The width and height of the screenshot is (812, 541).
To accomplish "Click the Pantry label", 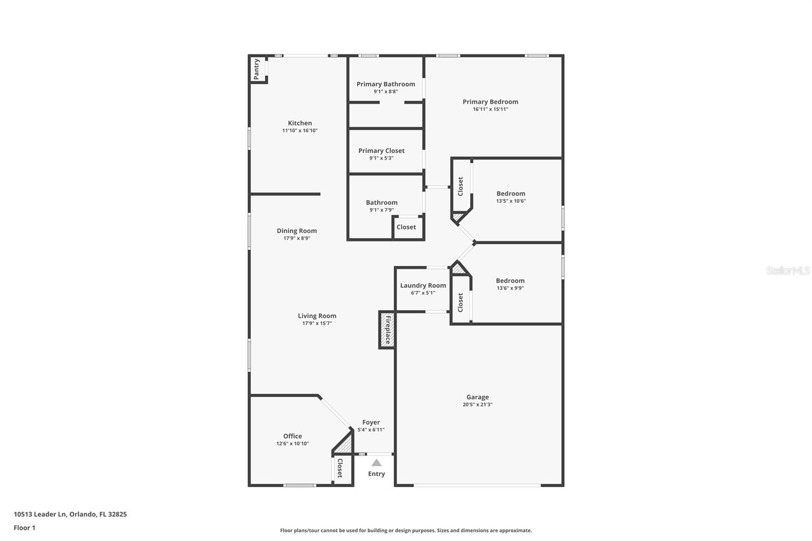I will tap(257, 69).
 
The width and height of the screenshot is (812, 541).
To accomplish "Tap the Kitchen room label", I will tap(300, 123).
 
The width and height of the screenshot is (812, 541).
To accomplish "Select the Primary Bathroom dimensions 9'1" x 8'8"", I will tap(386, 92).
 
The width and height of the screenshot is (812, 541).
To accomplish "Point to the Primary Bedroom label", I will tap(490, 102).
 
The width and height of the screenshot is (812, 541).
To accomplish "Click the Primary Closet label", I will tap(382, 151).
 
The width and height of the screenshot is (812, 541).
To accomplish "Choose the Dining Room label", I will tap(297, 231).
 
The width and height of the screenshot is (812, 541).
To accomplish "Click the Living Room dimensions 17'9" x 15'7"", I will tap(317, 323).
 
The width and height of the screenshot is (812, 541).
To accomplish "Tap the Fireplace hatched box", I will tap(387, 330).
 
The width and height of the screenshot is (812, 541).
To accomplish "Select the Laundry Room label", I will tap(423, 285).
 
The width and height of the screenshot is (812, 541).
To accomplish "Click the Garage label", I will tap(478, 397).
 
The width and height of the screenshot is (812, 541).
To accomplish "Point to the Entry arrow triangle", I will tap(377, 463).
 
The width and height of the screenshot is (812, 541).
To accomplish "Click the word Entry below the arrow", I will tap(377, 474).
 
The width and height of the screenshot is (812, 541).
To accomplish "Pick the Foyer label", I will tap(371, 422).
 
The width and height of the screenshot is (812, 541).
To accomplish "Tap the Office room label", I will tap(292, 436).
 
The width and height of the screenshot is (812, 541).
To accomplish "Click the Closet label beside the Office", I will tap(340, 468).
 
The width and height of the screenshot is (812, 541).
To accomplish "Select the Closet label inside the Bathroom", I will tap(406, 227).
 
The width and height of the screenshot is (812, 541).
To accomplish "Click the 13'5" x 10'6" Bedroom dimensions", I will tap(511, 201).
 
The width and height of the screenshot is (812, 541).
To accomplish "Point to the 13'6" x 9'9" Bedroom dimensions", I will tap(510, 288).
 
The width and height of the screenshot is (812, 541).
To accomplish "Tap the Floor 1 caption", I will tap(24, 528).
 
